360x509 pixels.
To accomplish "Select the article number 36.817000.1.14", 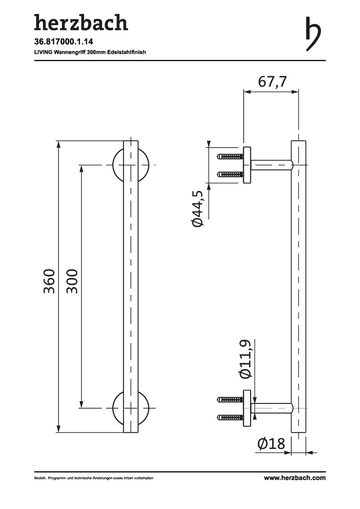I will tap(60, 42).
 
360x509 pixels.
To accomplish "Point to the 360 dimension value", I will tap(49, 281).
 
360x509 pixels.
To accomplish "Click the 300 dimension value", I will tap(72, 281).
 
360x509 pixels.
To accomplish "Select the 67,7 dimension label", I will tap(272, 82).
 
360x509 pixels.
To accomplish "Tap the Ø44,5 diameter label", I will tap(198, 209).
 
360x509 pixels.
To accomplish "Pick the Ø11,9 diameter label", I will tap(245, 360).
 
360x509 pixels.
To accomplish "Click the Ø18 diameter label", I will tap(271, 443).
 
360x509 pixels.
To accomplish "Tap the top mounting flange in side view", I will tap(247, 165).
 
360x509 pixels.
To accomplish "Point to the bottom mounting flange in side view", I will tap(247, 408).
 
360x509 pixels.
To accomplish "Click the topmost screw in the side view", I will tap(229, 156).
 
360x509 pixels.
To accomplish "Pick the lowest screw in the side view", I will tap(229, 417).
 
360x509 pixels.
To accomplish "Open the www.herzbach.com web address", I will tap(295, 478).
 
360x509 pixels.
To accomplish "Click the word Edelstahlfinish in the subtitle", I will tap(126, 52).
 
